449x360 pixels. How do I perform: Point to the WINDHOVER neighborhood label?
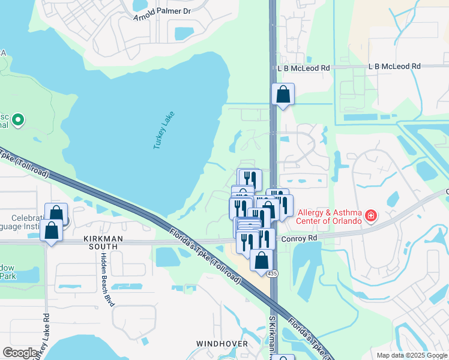point(222,344)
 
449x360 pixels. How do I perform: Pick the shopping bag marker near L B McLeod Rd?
point(283,94)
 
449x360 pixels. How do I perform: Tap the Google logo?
point(20,353)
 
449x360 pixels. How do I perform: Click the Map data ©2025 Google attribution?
point(412,355)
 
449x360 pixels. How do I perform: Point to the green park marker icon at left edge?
point(18,120)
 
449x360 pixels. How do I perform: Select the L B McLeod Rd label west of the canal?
point(304,68)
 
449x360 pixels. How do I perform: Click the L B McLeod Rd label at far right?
point(394,67)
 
